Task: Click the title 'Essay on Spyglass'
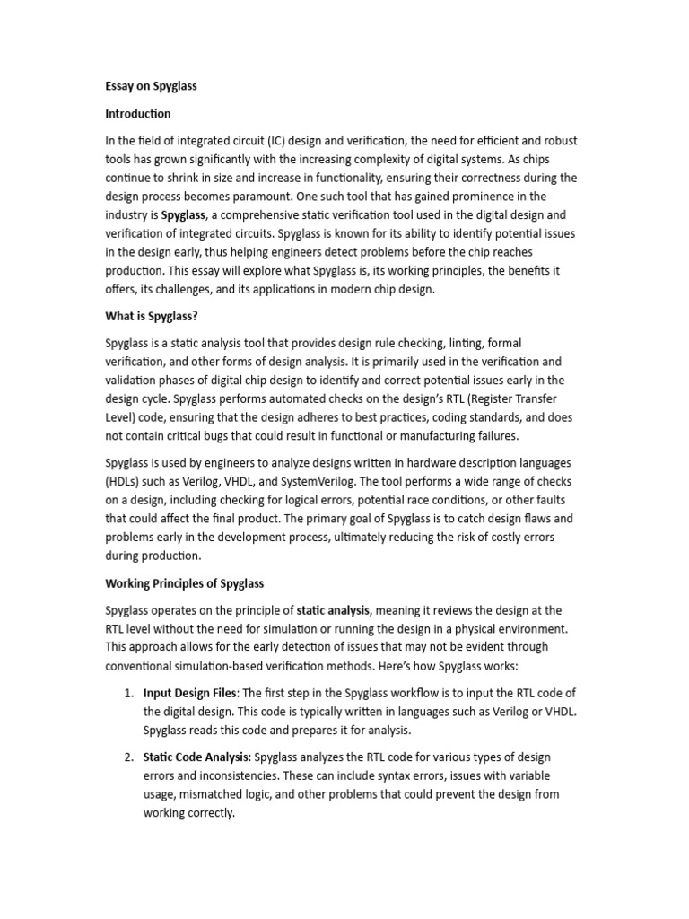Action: coord(151,86)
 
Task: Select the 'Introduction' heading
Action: coord(138,114)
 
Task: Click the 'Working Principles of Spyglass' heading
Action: coord(185,583)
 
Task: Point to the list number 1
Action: coord(128,693)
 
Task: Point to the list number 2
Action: coord(128,757)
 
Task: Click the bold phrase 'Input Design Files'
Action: coord(190,693)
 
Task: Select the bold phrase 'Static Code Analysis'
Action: coord(196,757)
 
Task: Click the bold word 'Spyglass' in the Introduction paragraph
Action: coord(183,215)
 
